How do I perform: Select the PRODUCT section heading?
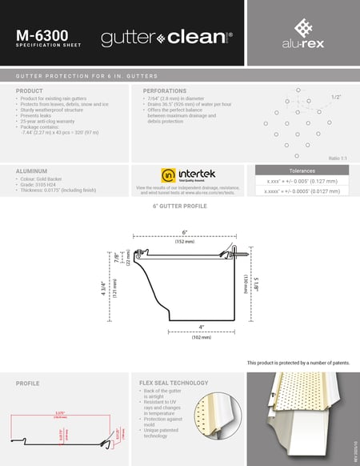click(x=30, y=91)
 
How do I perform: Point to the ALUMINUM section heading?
click(x=32, y=171)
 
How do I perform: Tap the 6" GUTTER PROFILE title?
click(x=181, y=207)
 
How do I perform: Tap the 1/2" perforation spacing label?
click(x=336, y=96)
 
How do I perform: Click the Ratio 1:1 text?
click(x=340, y=158)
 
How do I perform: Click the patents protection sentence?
click(x=298, y=362)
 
